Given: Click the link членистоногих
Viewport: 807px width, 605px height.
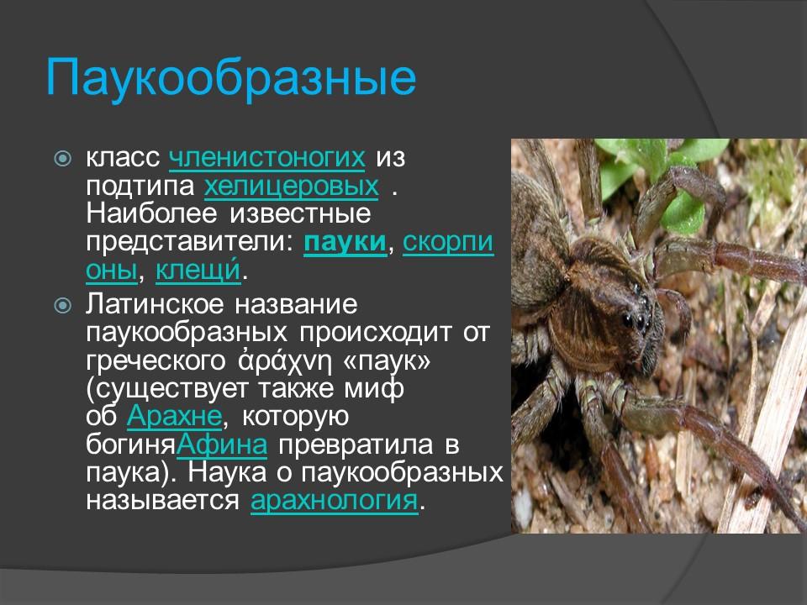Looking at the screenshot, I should [267, 157].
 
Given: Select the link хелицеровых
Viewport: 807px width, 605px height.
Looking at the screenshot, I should [290, 185].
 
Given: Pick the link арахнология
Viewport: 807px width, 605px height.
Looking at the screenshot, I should [334, 501].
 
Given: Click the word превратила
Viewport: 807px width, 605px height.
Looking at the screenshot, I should [359, 445].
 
